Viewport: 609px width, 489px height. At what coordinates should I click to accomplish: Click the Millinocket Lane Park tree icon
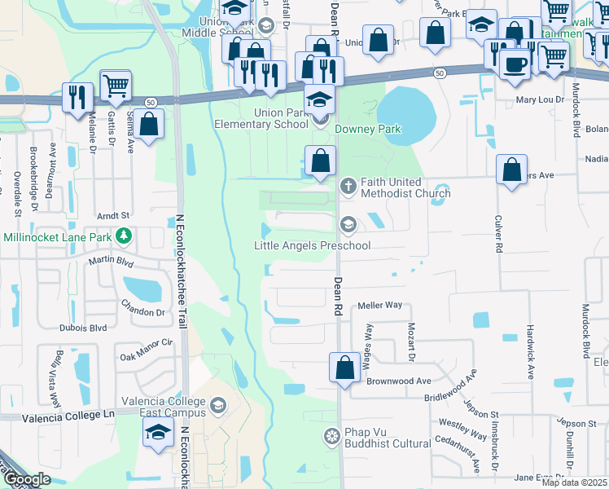coord(123,236)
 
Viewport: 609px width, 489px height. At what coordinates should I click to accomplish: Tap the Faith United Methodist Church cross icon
coord(348,187)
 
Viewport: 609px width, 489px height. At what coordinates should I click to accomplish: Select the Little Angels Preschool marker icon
coord(348,224)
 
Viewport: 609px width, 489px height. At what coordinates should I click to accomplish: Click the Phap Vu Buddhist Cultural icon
coord(331,437)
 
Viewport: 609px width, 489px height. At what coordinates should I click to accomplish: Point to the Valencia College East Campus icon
coord(217,405)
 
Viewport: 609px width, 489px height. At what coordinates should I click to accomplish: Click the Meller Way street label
coord(381,305)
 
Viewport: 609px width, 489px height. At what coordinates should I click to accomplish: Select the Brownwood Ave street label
coord(399,381)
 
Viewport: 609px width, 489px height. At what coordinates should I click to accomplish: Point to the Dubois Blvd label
coord(83,328)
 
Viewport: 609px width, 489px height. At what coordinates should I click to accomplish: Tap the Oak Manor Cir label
coord(147,350)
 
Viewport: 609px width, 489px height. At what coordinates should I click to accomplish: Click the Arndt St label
coord(113,215)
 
